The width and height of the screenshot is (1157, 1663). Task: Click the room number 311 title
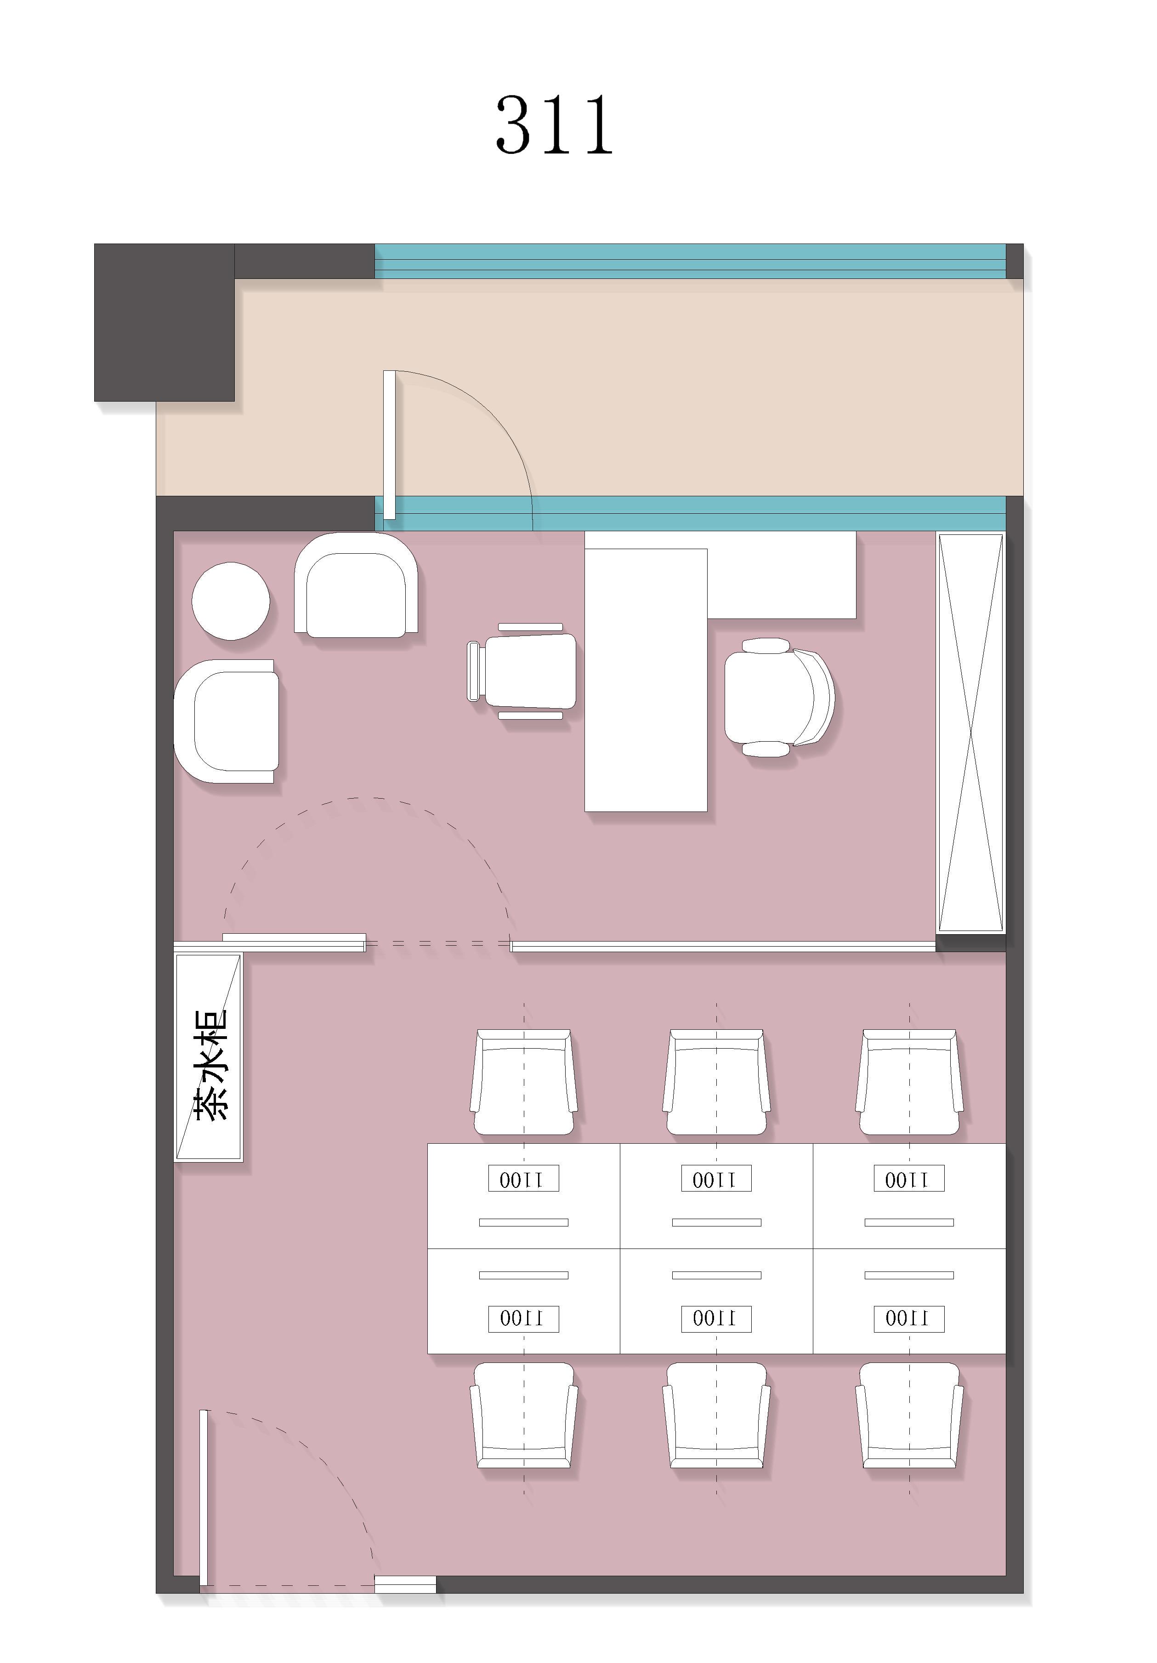(554, 125)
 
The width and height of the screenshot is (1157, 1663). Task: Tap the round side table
(230, 601)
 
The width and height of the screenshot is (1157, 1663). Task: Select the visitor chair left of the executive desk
(522, 671)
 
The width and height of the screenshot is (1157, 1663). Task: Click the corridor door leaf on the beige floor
(389, 445)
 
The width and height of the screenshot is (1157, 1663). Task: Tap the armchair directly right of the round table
(356, 585)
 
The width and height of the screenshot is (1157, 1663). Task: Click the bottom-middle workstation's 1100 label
(716, 1318)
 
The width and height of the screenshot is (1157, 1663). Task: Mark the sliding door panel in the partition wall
(294, 942)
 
